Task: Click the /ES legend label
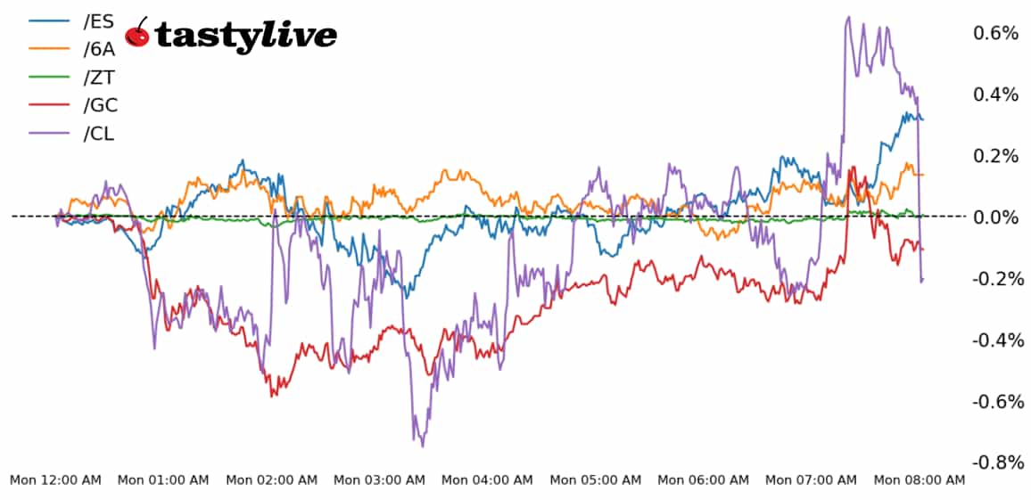pos(98,21)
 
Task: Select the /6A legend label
pos(98,50)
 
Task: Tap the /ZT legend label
pos(98,78)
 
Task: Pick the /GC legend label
pos(100,105)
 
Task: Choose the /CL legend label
pos(98,134)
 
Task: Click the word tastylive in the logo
pos(245,35)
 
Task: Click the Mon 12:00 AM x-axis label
pos(55,480)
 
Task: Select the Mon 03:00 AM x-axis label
pos(379,480)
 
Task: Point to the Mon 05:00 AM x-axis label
pos(595,480)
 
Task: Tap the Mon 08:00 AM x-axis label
pos(919,480)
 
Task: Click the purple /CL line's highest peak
pos(848,17)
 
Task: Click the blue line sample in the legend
pos(50,21)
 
